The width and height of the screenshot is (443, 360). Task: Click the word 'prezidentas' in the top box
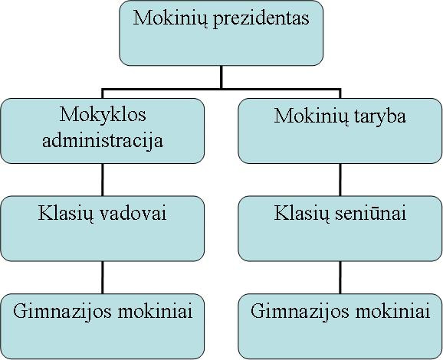click(261, 19)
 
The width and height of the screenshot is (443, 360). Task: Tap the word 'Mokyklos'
click(103, 115)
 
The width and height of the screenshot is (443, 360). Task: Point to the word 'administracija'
click(103, 140)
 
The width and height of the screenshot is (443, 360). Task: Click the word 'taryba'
click(379, 116)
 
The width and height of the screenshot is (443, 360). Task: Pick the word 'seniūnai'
click(371, 213)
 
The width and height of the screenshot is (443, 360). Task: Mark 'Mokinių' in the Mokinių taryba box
click(311, 116)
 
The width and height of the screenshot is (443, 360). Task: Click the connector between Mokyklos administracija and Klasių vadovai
click(102, 179)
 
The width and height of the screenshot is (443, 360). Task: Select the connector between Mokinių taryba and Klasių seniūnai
click(340, 179)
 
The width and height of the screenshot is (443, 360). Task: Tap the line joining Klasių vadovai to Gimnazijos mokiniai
click(102, 277)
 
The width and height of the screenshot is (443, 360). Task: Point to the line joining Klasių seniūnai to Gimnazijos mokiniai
click(340, 277)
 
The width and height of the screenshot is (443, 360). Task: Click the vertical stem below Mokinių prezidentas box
click(221, 77)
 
